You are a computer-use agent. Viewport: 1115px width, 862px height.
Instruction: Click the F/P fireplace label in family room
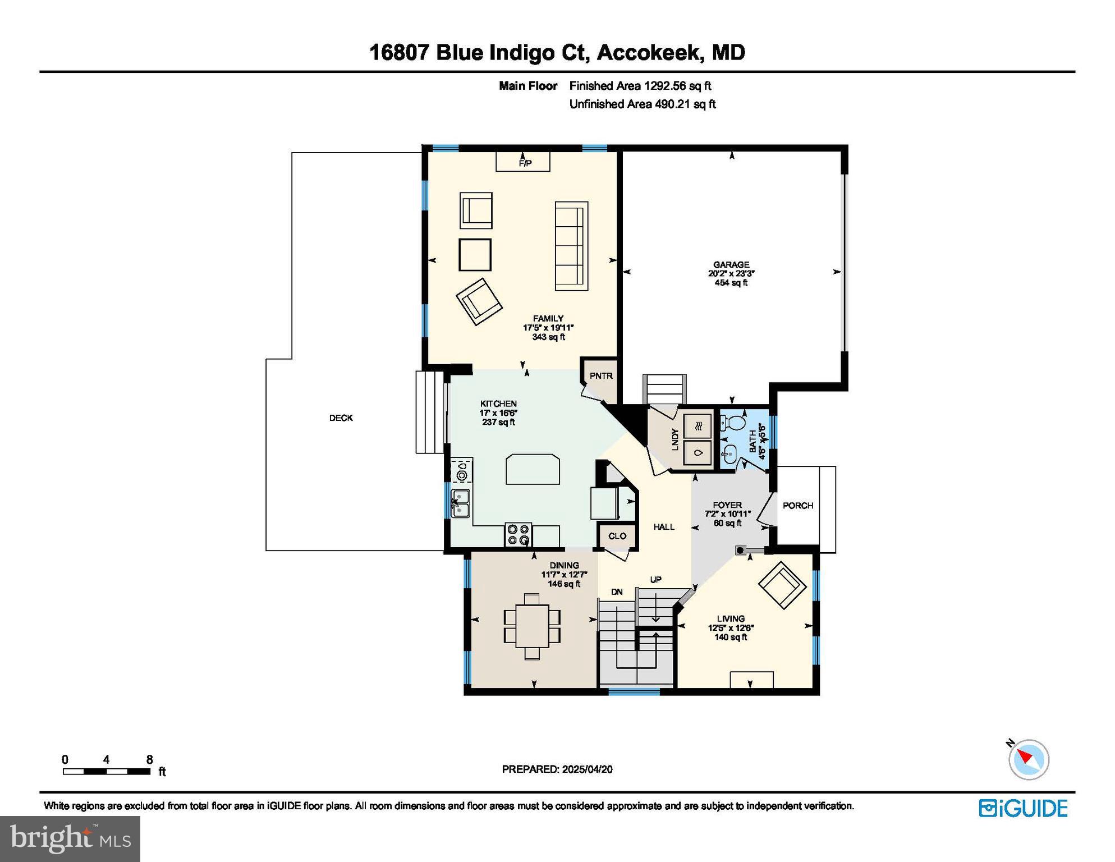click(525, 163)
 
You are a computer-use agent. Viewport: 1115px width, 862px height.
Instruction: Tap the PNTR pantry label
click(600, 375)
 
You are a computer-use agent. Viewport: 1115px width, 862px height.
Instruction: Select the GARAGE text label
click(731, 264)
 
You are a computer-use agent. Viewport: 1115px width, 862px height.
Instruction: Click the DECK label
click(341, 418)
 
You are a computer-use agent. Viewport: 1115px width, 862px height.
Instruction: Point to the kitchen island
click(533, 469)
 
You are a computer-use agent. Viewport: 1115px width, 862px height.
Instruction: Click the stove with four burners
click(518, 534)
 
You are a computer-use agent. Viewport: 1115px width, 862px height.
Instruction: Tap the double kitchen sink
click(461, 503)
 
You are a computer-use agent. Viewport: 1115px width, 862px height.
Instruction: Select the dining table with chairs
click(532, 625)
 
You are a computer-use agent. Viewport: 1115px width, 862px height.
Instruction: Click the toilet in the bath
click(732, 420)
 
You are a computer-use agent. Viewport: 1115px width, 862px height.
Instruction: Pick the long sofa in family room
click(571, 246)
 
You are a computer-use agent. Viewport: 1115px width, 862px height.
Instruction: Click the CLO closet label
click(617, 536)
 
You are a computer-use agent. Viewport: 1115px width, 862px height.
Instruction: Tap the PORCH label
click(797, 505)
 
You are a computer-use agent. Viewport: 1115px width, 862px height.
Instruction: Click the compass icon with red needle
click(1028, 759)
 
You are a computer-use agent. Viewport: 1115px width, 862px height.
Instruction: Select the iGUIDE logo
click(1022, 808)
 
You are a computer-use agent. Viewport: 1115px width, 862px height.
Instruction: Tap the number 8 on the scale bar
click(149, 759)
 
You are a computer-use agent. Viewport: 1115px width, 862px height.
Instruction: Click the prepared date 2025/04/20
click(587, 769)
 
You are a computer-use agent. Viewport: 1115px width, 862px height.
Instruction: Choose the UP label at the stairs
click(655, 579)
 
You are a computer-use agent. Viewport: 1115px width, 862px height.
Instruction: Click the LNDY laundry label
click(675, 439)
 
